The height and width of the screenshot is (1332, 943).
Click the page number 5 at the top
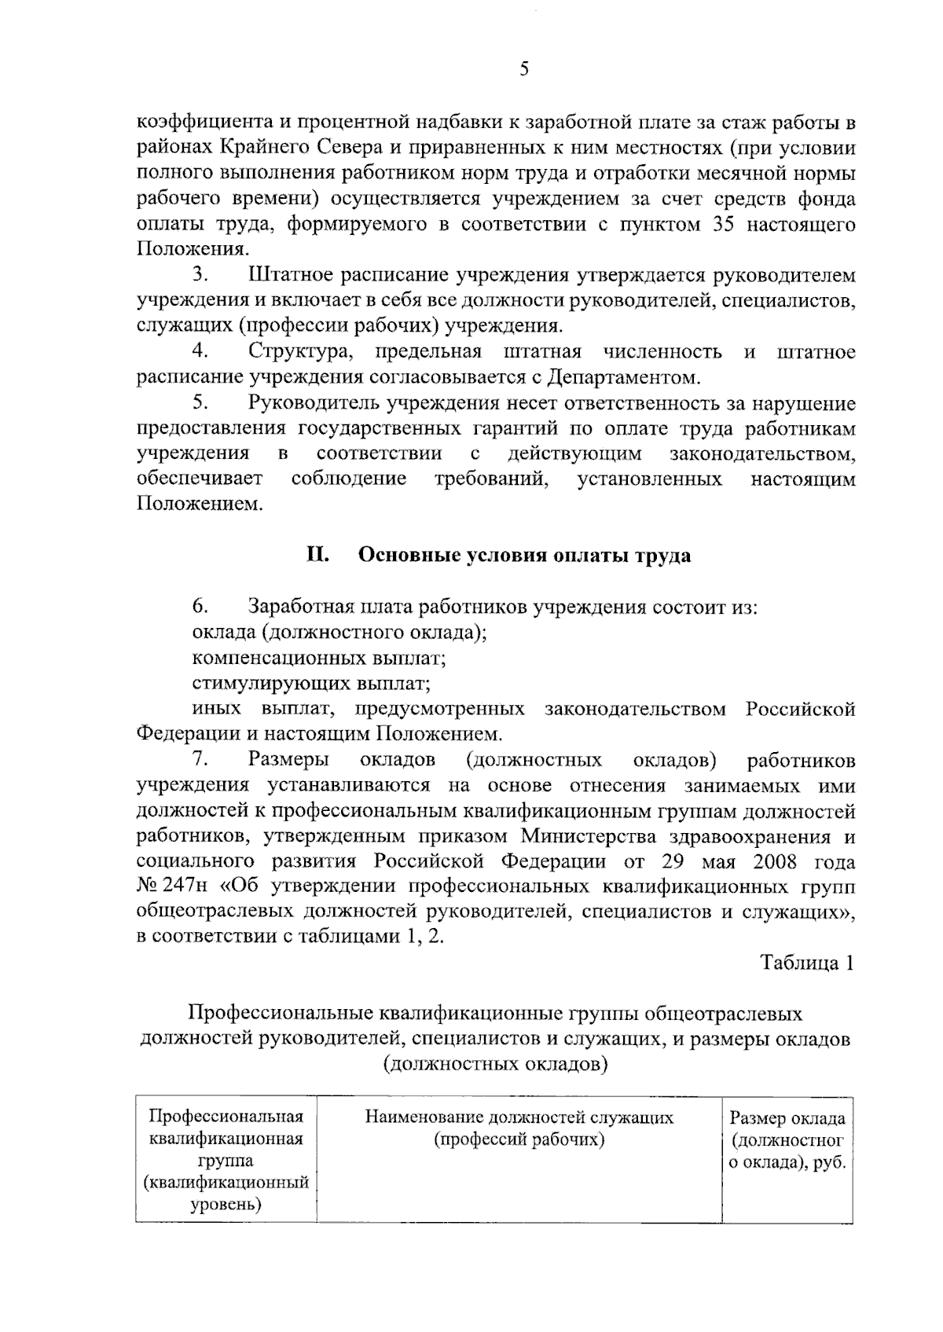pyautogui.click(x=524, y=70)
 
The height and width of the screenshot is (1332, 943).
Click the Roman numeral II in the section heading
pyautogui.click(x=317, y=556)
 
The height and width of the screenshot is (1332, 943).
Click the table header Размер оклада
pyautogui.click(x=787, y=1118)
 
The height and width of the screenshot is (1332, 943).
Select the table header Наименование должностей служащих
pyautogui.click(x=519, y=1117)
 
